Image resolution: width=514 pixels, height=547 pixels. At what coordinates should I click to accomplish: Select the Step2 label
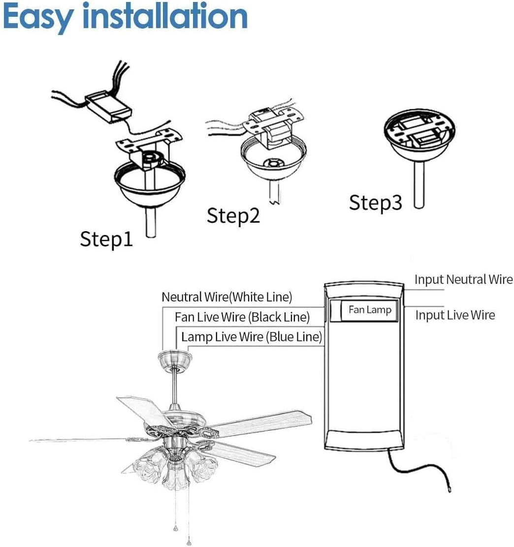233,215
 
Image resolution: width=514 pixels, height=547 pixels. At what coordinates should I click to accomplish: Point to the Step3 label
375,203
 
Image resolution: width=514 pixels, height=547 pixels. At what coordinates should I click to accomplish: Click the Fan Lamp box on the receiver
369,310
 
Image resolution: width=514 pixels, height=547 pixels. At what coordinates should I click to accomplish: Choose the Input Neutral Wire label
463,279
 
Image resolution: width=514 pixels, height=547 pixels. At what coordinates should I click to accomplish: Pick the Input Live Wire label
455,315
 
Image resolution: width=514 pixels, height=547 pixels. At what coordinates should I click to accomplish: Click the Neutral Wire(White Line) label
227,297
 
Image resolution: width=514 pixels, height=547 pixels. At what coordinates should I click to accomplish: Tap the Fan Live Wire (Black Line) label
242,317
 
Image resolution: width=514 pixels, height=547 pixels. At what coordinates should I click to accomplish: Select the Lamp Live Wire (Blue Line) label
252,337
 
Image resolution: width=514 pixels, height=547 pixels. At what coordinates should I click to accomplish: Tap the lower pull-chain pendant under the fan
189,541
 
